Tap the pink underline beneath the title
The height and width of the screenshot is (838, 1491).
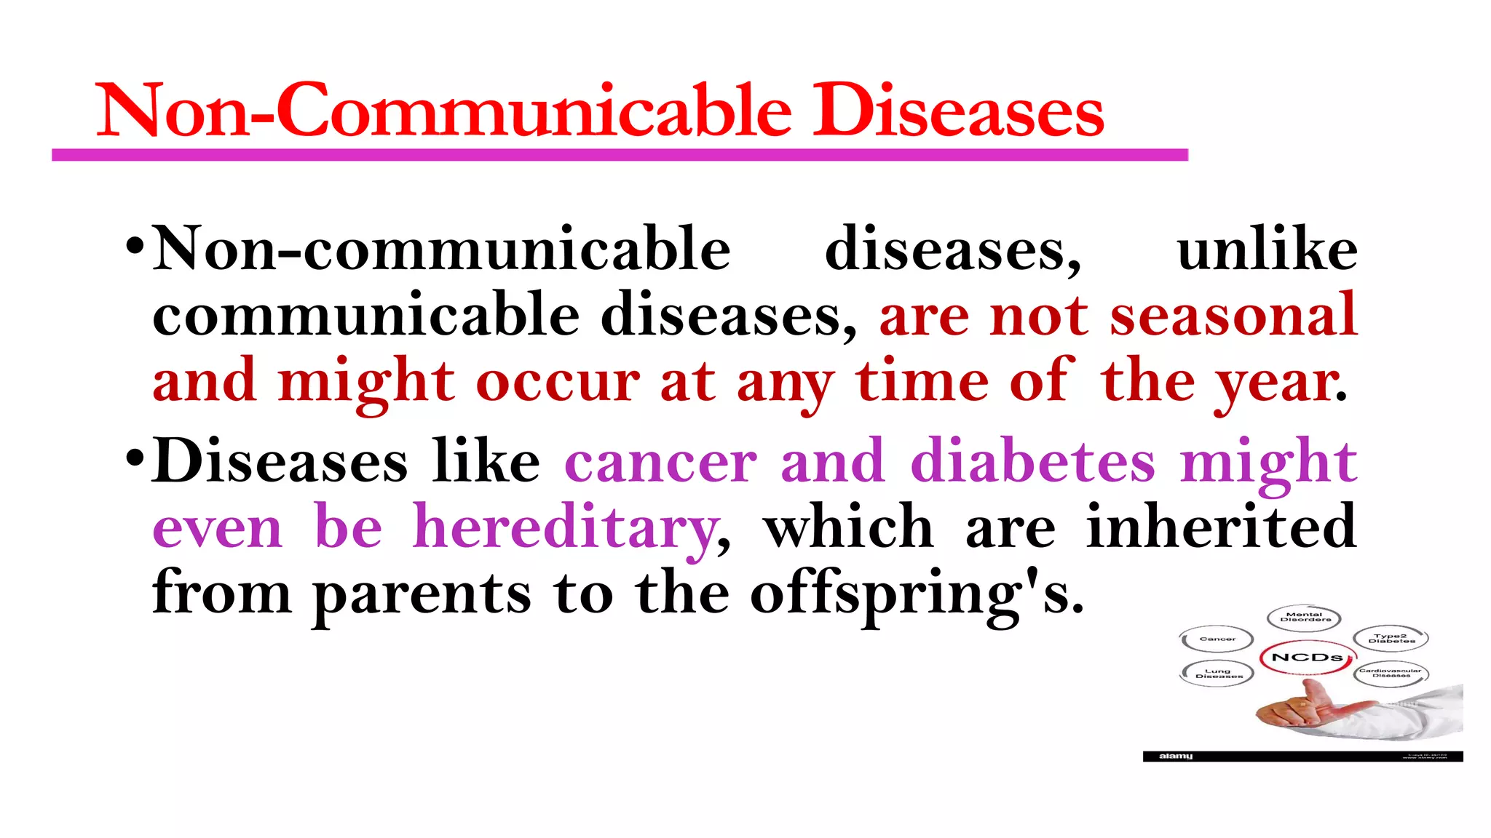(x=619, y=155)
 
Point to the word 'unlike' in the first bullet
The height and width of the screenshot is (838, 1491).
(x=1267, y=250)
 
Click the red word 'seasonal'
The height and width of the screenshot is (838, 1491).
(x=1233, y=315)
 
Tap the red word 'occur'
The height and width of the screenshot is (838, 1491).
(x=558, y=382)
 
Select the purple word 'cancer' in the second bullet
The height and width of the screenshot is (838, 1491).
(x=660, y=462)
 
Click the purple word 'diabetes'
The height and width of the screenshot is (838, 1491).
(x=1032, y=462)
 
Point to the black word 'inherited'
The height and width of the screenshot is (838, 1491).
(x=1221, y=527)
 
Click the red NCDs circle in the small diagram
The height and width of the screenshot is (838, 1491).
(x=1307, y=658)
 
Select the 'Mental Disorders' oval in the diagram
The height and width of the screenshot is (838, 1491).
(x=1303, y=618)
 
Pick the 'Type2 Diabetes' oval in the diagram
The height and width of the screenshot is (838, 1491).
(x=1391, y=639)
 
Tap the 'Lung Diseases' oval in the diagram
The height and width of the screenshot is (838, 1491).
(x=1217, y=674)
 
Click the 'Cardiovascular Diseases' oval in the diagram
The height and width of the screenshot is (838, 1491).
(x=1391, y=673)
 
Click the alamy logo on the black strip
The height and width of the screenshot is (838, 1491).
(x=1176, y=757)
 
